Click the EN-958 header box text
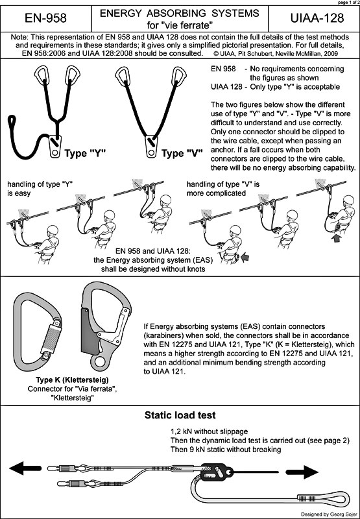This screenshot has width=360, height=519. click(45, 18)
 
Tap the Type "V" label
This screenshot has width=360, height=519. click(182, 154)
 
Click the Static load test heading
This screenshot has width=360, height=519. click(180, 415)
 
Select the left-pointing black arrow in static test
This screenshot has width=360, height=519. click(25, 468)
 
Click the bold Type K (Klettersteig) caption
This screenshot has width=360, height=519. click(73, 379)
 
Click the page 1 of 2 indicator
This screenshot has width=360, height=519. click(348, 2)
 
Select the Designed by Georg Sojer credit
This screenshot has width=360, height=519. click(329, 514)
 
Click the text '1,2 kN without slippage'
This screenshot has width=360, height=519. click(209, 432)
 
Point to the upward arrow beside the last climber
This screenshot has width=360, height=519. click(337, 237)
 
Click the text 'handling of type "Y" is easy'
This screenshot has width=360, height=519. click(40, 188)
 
